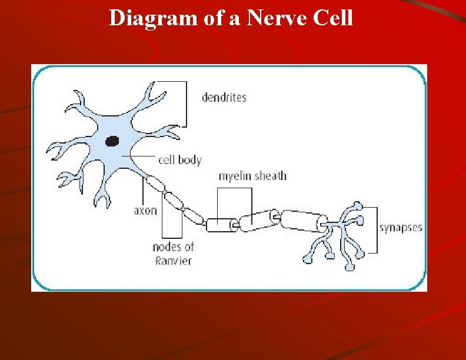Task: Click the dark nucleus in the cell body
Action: (x=112, y=141)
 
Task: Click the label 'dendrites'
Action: (x=224, y=97)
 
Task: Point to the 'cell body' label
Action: (x=180, y=159)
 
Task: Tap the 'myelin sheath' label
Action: (x=252, y=176)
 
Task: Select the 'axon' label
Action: (x=145, y=210)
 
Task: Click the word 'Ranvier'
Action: (x=173, y=260)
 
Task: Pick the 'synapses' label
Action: (x=400, y=228)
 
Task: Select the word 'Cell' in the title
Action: (x=334, y=18)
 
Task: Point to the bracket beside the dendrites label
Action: (x=187, y=104)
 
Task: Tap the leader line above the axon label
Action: (x=143, y=191)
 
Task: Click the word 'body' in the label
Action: (x=189, y=159)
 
